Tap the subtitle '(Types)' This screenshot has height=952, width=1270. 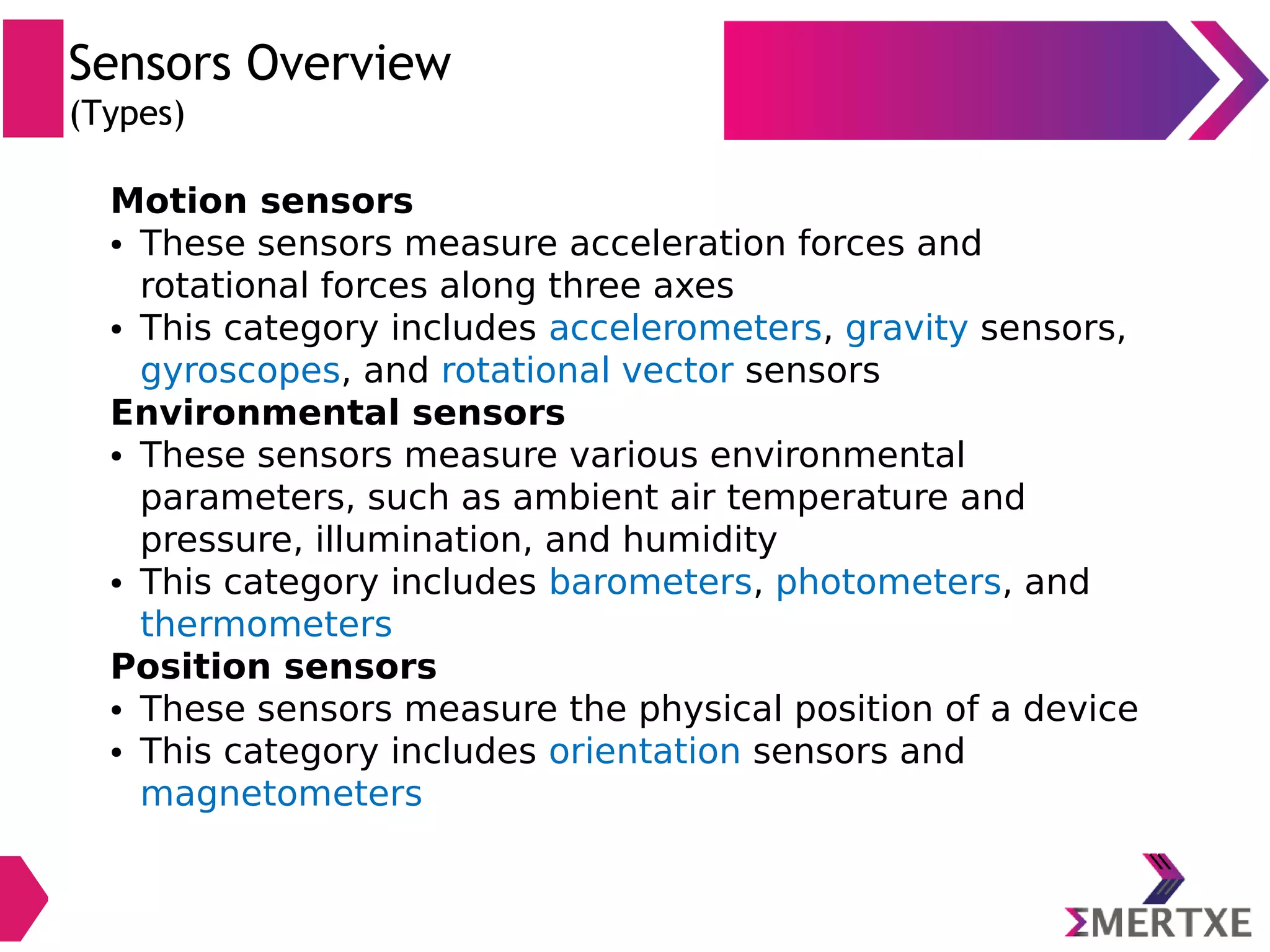click(x=127, y=114)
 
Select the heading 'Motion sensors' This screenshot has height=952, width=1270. click(x=262, y=201)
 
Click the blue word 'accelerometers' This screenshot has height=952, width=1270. click(x=685, y=328)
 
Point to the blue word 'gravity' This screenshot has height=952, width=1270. click(x=906, y=328)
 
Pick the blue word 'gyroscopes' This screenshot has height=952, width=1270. click(x=241, y=371)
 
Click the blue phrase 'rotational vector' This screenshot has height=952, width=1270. click(x=587, y=371)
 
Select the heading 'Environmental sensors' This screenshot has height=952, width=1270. click(x=338, y=413)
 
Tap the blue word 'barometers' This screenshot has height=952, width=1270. click(x=650, y=582)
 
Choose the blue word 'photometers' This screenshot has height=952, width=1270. click(x=888, y=582)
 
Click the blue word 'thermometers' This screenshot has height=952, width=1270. click(x=266, y=624)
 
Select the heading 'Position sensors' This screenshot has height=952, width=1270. click(x=273, y=667)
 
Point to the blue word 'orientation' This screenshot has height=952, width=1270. click(x=644, y=751)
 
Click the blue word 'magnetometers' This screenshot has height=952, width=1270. click(x=281, y=794)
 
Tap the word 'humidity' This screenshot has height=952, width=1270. click(x=699, y=540)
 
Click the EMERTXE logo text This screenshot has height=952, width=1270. click(x=1158, y=922)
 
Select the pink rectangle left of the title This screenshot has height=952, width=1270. click(x=33, y=78)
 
